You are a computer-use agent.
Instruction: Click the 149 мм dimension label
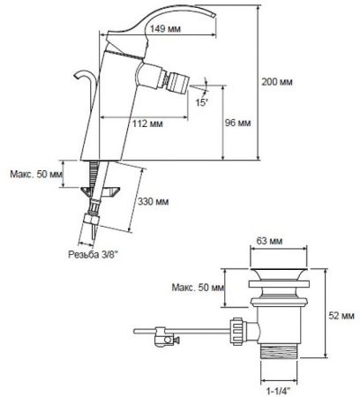(165, 29)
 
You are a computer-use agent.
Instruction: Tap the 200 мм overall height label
(277, 82)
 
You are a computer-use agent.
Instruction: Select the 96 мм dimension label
(238, 123)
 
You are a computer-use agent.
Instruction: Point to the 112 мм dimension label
(147, 124)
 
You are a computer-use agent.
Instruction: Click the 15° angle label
(202, 102)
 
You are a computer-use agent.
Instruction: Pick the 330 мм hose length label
(154, 202)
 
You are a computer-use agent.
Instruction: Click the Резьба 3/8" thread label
(93, 254)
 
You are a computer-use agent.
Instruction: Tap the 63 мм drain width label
(269, 241)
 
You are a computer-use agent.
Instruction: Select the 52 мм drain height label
(341, 316)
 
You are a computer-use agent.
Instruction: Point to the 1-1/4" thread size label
(278, 391)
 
